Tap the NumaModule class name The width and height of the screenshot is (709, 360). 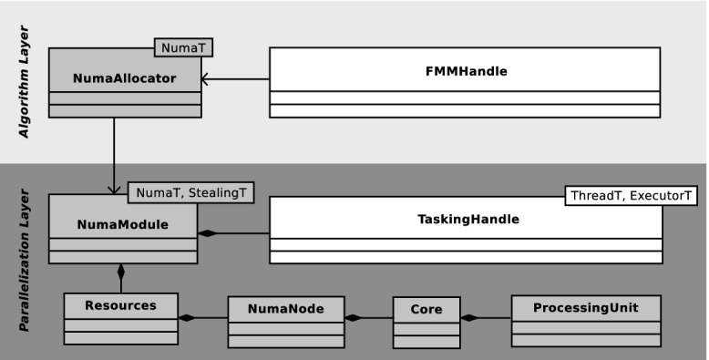[x=123, y=223]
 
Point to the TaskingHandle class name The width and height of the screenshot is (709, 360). [x=465, y=219]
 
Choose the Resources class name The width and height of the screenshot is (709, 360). [x=121, y=305]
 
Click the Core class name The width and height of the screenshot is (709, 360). [x=426, y=309]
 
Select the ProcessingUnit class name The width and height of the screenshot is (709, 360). [x=585, y=308]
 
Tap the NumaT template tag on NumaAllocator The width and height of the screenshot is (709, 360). [x=188, y=47]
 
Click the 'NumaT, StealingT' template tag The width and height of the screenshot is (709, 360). [x=190, y=192]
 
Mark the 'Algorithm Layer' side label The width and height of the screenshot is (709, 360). [x=25, y=94]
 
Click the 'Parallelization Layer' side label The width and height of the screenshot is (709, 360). [x=25, y=260]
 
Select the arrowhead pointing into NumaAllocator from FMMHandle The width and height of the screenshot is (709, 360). [x=207, y=80]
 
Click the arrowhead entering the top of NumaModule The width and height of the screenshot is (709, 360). [x=114, y=189]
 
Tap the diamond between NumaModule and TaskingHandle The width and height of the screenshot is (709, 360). [x=209, y=234]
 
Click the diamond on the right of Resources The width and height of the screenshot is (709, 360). [x=188, y=318]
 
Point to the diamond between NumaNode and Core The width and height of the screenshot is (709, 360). [x=353, y=318]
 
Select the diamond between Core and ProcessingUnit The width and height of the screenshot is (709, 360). [x=469, y=318]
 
